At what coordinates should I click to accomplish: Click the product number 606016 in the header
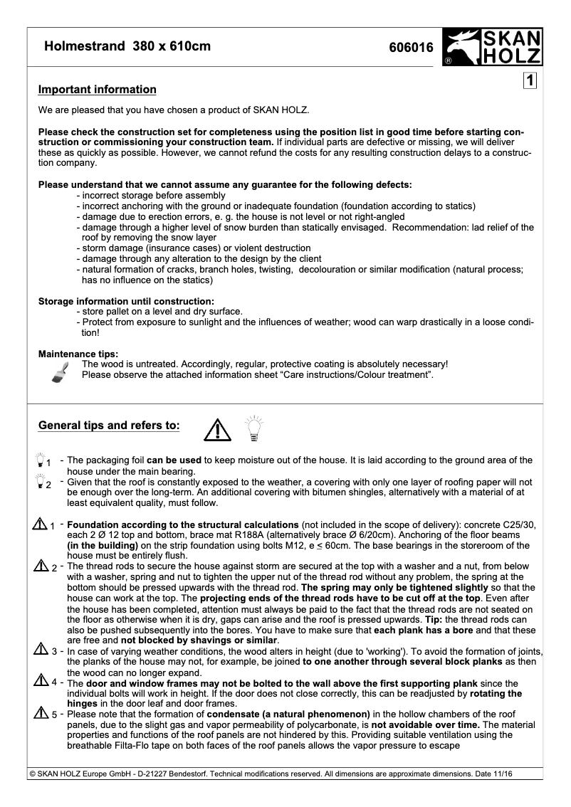point(411,48)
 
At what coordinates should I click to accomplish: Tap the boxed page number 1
point(530,81)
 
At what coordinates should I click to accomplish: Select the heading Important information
point(97,90)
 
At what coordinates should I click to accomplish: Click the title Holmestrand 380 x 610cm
point(127,47)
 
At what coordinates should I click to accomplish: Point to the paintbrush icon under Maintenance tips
point(60,372)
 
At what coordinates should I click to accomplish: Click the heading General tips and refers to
point(109,426)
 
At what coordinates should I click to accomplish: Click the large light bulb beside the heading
point(253,428)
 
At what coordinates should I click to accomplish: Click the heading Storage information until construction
point(126,301)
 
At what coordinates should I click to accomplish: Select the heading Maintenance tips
point(78,354)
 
